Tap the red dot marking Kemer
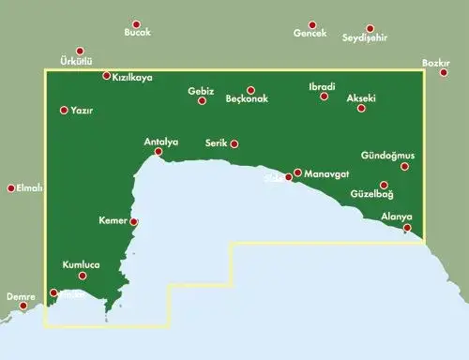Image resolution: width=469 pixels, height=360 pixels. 134,222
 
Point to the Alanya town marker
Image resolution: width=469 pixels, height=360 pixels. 407,228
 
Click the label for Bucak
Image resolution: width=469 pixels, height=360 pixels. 137,33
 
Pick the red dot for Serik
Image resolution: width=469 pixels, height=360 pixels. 234,144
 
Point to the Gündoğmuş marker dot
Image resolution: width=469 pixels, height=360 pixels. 405,167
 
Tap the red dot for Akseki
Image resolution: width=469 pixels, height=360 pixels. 361,109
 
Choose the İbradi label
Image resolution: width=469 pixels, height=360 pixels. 322,86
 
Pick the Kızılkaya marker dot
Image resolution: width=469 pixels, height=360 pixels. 106,76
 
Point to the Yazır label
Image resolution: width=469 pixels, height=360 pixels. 82,111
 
